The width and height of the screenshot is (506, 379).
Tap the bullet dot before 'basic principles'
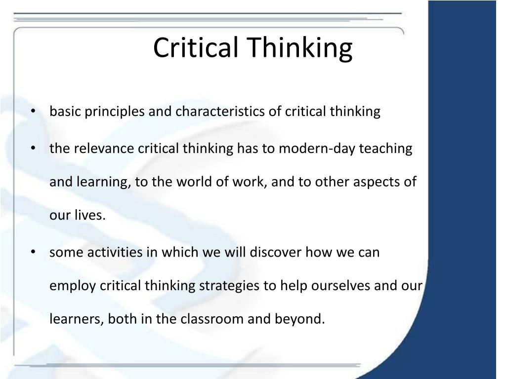pos(33,112)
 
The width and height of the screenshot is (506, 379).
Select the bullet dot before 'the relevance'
pos(33,149)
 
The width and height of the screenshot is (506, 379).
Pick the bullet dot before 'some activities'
pos(33,252)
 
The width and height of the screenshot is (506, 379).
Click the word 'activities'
pos(114,252)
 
